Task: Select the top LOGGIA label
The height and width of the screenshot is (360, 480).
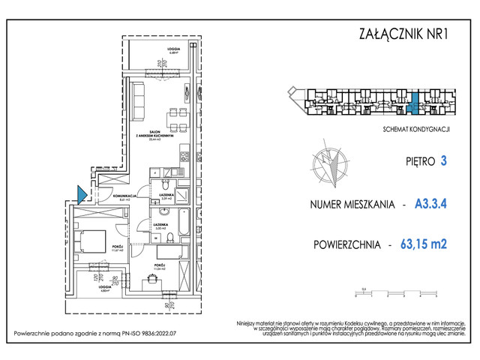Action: (x=174, y=49)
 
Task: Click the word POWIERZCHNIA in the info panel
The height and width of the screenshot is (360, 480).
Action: (x=346, y=243)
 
